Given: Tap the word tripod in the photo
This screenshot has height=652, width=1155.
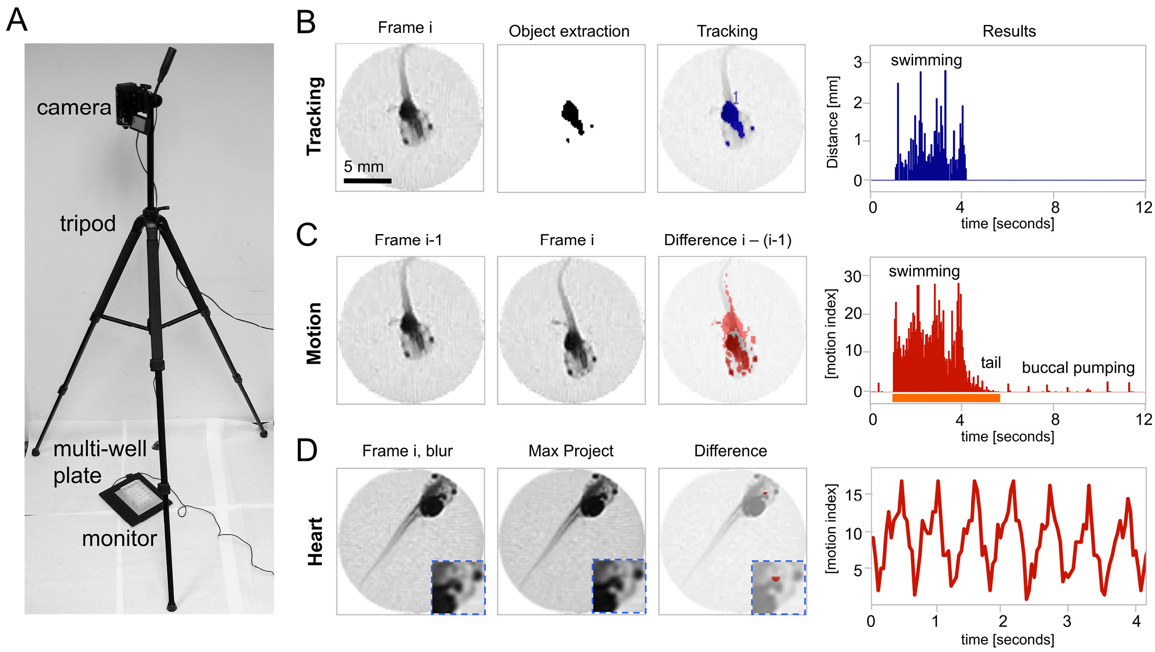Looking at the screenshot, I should (88, 224).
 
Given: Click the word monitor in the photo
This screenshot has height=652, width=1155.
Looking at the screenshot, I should (119, 539).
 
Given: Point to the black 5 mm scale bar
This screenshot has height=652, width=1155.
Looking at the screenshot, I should (367, 181).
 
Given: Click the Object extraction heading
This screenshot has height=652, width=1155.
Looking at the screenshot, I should (569, 31).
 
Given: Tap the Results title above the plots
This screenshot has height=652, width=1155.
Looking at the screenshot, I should (1009, 31).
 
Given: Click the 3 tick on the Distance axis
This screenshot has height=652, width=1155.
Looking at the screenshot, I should (858, 63).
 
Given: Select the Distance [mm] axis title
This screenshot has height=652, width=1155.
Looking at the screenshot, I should (832, 122).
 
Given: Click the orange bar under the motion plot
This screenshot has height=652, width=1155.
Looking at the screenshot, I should (946, 398).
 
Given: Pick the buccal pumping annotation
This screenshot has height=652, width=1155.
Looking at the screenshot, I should (1078, 368).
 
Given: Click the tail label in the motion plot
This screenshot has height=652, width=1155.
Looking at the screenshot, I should (990, 363).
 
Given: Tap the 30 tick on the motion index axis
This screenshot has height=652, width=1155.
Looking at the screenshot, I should (853, 276).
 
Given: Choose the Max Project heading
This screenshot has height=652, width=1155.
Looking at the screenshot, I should (570, 451).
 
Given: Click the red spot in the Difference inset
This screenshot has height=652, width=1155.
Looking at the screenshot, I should (776, 578).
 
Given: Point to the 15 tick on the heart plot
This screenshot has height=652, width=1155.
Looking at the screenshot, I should (854, 495).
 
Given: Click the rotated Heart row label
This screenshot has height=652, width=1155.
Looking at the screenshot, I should (315, 542).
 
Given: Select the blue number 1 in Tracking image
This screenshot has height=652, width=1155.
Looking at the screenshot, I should (736, 97).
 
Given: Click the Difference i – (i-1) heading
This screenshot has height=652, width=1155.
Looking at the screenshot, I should (727, 240).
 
